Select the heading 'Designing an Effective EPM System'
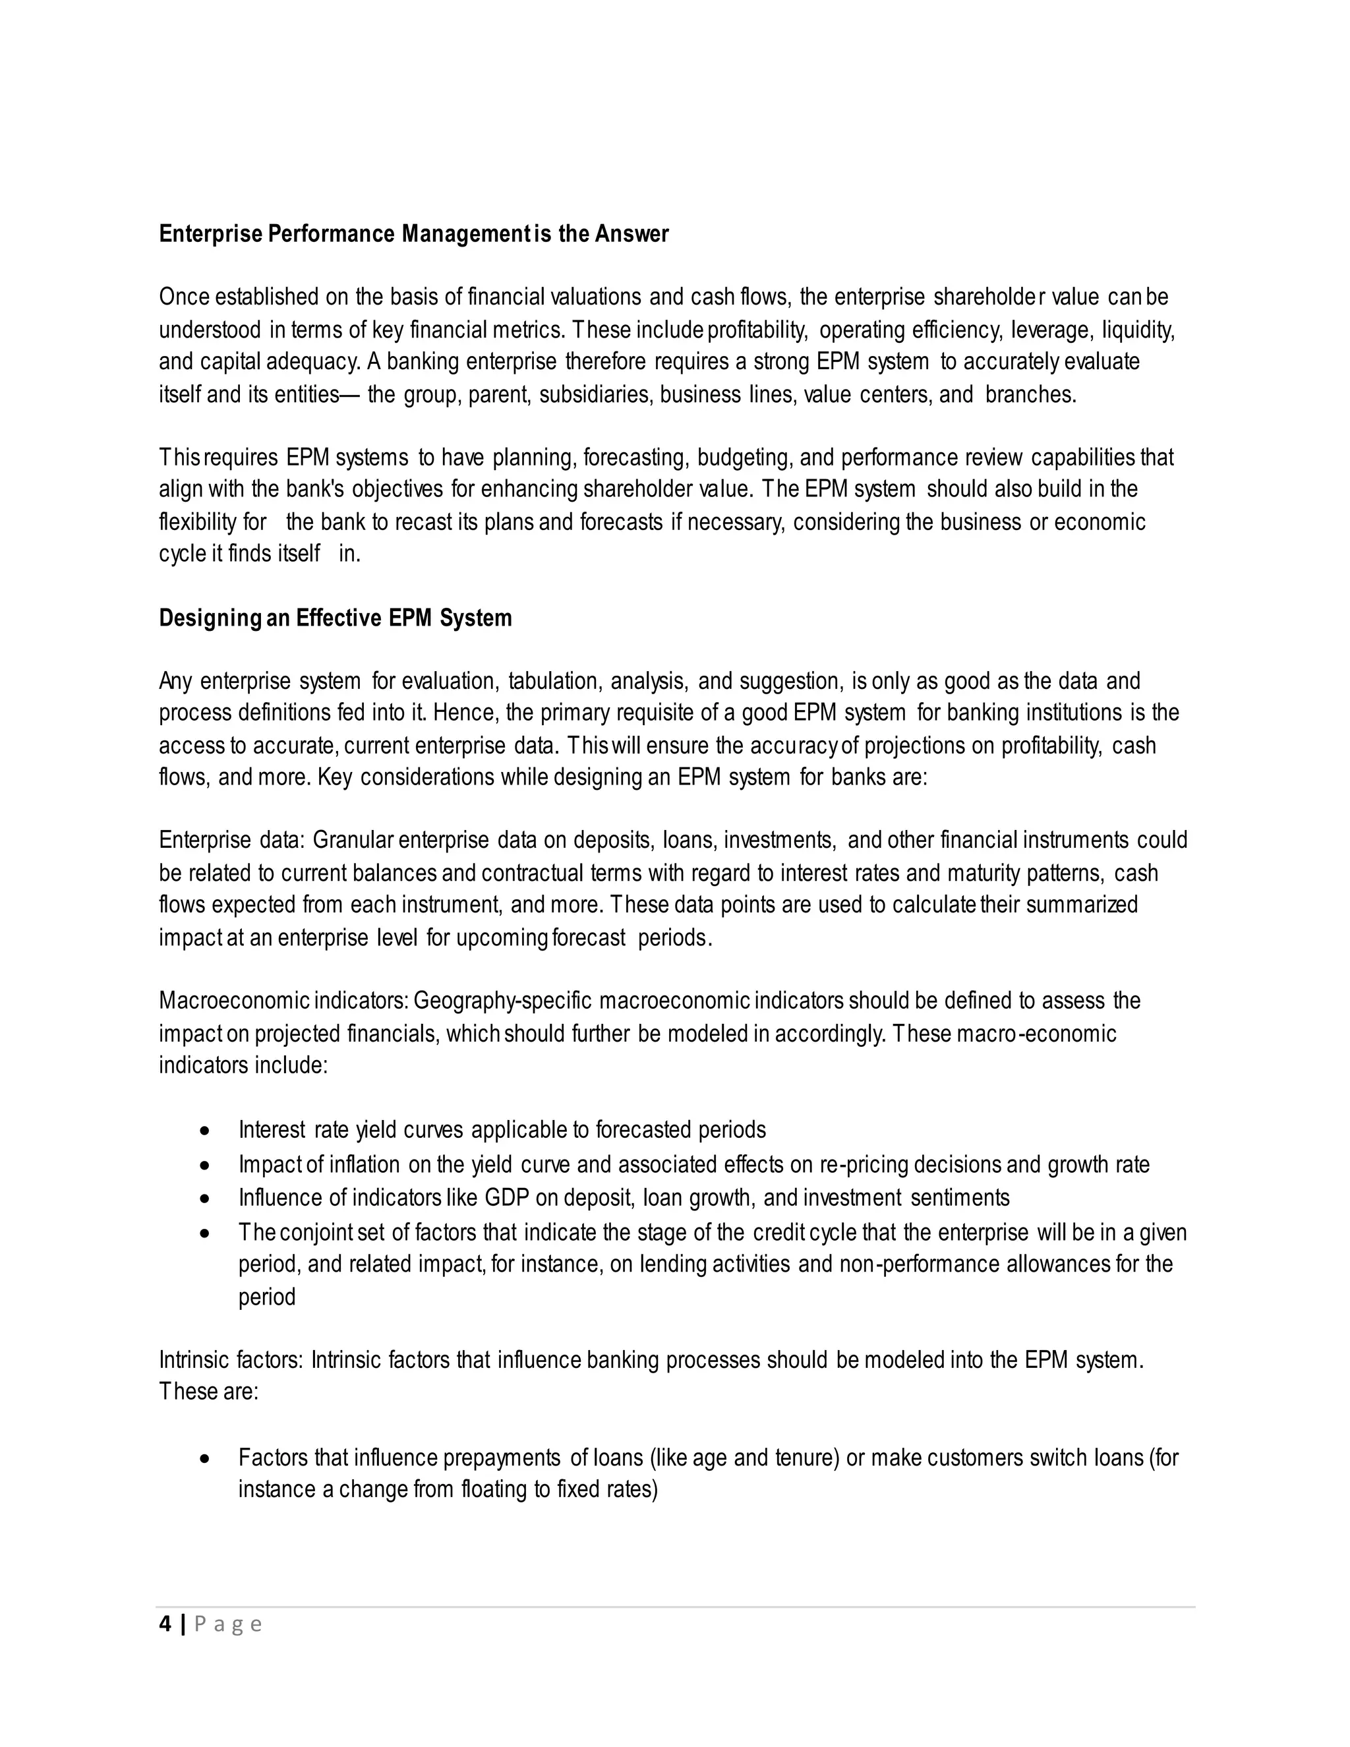click(335, 618)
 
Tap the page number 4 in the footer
click(165, 1624)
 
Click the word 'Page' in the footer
click(228, 1624)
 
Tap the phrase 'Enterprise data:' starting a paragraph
click(232, 840)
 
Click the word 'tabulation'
click(554, 682)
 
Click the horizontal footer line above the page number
click(675, 1606)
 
